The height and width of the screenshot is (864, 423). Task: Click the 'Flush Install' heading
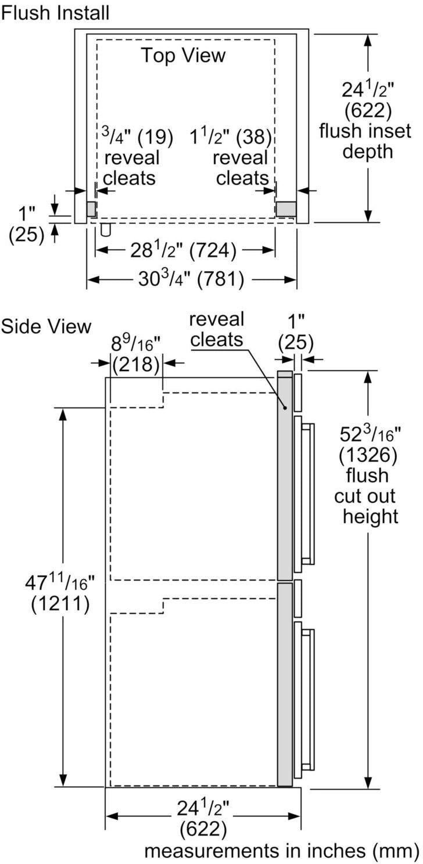point(55,12)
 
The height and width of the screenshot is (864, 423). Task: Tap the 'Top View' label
point(183,55)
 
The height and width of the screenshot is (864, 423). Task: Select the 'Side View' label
point(46,326)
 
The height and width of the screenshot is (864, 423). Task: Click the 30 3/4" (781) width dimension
point(191,280)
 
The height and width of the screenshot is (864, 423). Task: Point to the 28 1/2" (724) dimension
point(185,250)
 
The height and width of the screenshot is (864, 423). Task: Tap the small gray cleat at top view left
point(91,209)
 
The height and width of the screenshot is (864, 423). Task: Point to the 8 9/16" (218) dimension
point(135,354)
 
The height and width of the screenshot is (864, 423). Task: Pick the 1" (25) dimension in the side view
point(296,333)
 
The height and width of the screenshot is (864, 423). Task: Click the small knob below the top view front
point(106,229)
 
